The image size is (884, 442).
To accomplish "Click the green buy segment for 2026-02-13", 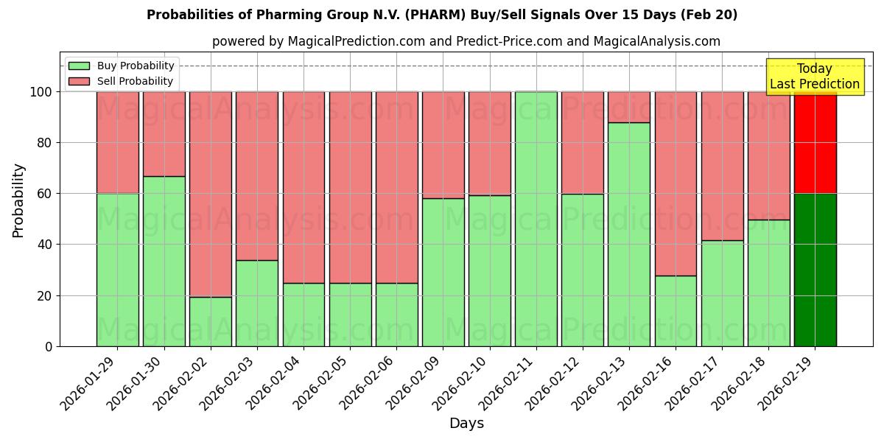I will (x=628, y=234).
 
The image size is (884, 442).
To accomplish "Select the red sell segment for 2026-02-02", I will (x=210, y=194).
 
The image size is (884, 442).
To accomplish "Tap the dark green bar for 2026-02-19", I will (x=815, y=270).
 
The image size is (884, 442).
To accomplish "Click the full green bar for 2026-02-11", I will (x=536, y=219).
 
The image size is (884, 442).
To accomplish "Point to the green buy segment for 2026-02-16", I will (x=676, y=311).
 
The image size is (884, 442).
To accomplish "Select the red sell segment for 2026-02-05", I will (x=350, y=187).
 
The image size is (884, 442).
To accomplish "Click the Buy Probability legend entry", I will (x=121, y=66).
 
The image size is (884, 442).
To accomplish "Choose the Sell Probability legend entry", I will (x=121, y=81).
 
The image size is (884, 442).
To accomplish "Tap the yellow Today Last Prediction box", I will (x=814, y=77).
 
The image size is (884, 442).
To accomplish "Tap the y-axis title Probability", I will (x=18, y=200).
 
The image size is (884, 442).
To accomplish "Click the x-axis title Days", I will (x=466, y=424).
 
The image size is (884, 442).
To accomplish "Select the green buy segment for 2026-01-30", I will (x=164, y=261).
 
